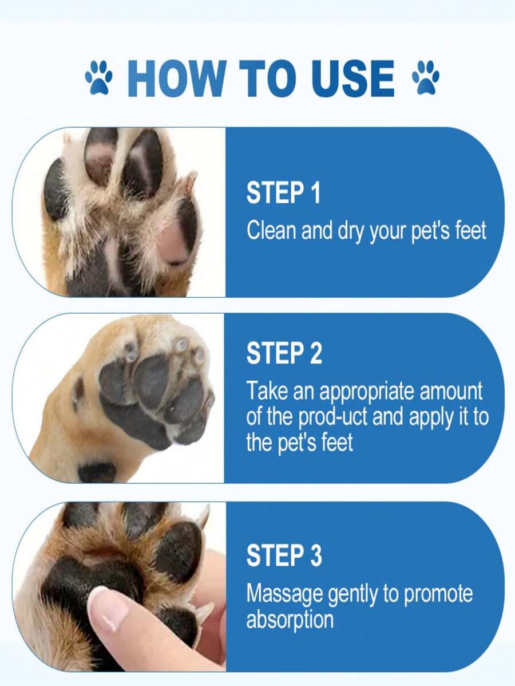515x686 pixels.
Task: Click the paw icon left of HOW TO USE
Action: [x=99, y=78]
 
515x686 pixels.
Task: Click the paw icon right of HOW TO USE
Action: [x=426, y=78]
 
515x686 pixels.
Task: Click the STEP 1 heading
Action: [x=283, y=194]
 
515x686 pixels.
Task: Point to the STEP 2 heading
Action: [x=284, y=354]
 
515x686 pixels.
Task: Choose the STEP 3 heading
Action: [x=284, y=555]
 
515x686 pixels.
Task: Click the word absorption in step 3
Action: [x=290, y=620]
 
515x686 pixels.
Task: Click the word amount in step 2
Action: [x=451, y=392]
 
